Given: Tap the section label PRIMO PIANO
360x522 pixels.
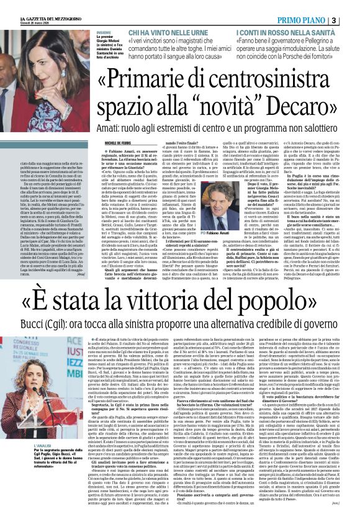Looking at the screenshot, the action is click(x=319, y=19).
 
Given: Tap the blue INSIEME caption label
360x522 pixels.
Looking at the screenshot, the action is click(x=104, y=34).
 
